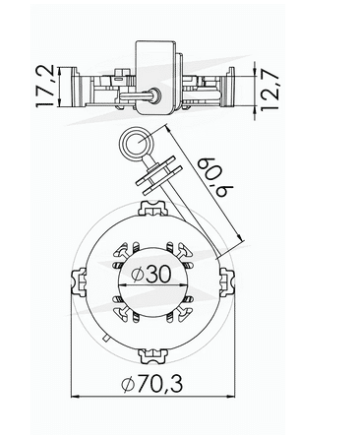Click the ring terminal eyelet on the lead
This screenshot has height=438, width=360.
[133, 148]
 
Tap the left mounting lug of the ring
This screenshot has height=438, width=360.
[78, 281]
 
